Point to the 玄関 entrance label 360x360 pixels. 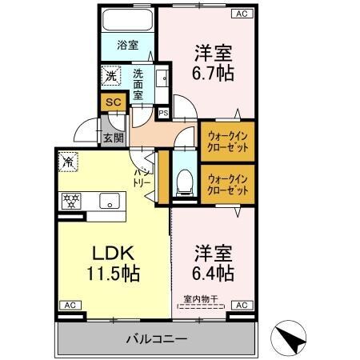tap(113, 137)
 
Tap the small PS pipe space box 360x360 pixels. tap(162, 113)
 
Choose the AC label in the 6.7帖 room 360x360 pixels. tap(241, 14)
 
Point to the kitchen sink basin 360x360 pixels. tap(107, 199)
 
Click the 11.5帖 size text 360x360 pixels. tap(114, 274)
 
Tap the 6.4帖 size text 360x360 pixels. tap(213, 274)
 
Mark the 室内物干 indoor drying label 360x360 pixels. tap(202, 299)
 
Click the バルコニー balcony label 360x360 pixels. tap(156, 338)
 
